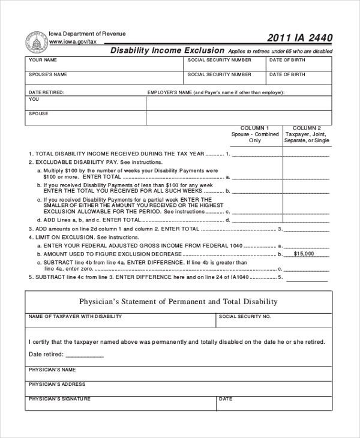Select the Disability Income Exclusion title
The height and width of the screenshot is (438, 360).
167,51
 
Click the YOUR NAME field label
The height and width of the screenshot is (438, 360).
43,61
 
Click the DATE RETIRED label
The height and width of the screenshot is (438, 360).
46,92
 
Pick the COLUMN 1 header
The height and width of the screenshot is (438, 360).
255,128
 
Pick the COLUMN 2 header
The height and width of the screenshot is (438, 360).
307,128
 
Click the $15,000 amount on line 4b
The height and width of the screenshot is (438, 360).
307,254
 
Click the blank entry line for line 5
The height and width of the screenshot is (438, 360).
307,279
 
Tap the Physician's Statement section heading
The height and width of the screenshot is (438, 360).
178,302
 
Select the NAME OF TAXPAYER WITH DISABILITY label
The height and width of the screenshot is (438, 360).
71,316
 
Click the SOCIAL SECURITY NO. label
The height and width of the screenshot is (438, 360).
245,316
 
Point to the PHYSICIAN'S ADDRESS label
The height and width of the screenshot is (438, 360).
57,384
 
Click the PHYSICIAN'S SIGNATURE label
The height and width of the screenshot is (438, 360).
59,398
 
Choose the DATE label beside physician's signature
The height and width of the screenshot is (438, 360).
226,398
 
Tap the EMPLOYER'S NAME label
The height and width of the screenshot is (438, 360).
170,92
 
